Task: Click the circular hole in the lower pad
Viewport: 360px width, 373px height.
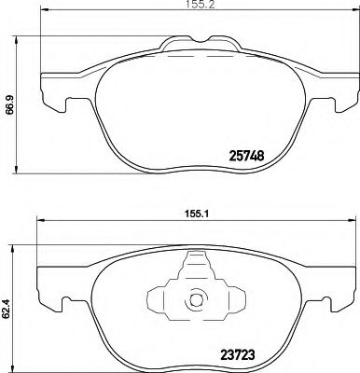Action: [196, 301]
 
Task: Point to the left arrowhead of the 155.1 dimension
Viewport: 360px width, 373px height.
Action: [39, 222]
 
